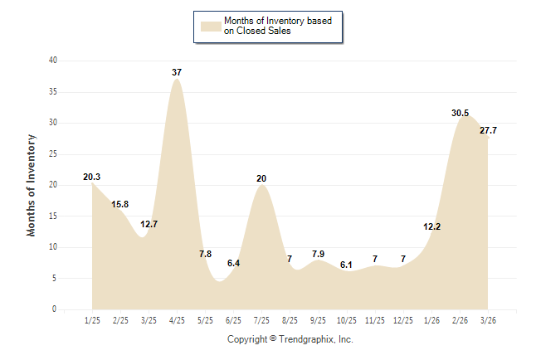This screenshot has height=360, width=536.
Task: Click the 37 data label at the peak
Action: (177, 72)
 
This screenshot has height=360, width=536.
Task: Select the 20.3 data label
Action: (92, 177)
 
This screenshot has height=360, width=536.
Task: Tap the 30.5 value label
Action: (459, 113)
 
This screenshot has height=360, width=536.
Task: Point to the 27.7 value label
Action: (488, 130)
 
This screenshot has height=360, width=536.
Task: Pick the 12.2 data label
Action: (431, 226)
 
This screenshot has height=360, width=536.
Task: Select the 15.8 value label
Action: (120, 204)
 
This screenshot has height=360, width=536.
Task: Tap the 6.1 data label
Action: (346, 265)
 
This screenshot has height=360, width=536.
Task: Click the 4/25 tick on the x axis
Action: (177, 319)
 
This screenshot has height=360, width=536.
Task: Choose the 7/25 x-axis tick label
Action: (261, 319)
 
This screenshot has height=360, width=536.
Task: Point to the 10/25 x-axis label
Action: (346, 319)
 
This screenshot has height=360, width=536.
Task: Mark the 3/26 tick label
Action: (488, 319)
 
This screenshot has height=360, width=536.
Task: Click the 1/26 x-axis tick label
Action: (431, 319)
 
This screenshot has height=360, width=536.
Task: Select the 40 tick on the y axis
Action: (53, 61)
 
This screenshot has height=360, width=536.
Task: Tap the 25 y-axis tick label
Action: (53, 153)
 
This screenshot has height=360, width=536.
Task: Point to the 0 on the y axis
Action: (55, 309)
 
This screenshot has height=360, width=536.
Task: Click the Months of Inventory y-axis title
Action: (32, 184)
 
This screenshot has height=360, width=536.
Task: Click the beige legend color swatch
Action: (210, 26)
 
